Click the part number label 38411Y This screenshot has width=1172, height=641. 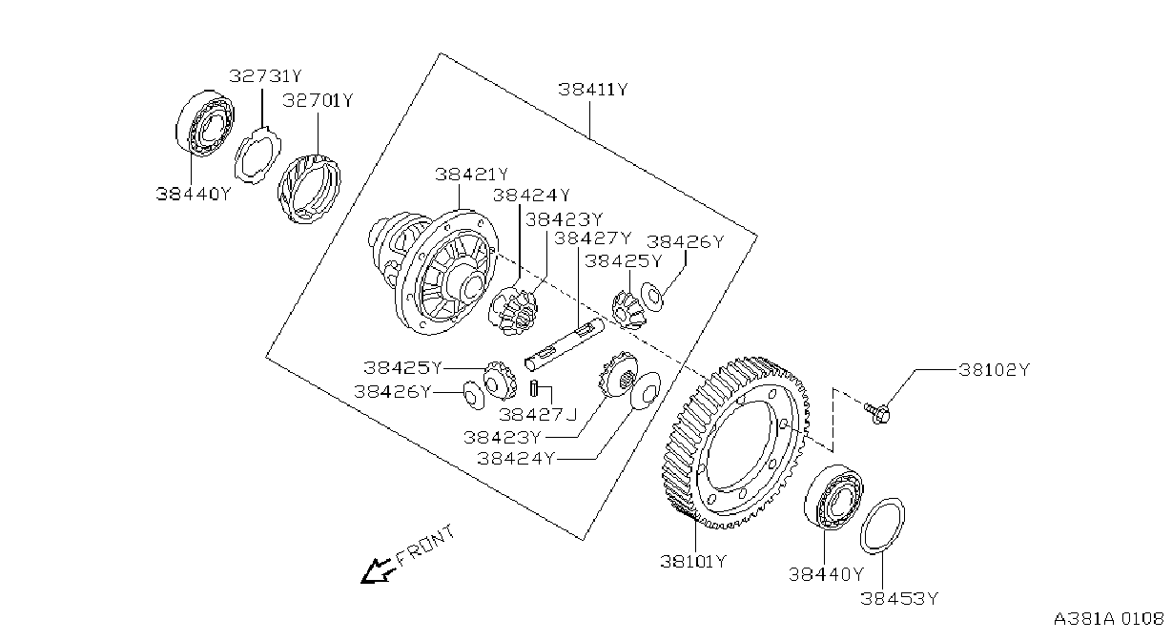pyautogui.click(x=592, y=90)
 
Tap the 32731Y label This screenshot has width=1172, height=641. pyautogui.click(x=266, y=76)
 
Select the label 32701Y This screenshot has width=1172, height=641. pyautogui.click(x=319, y=100)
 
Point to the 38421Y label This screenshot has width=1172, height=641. pyautogui.click(x=471, y=175)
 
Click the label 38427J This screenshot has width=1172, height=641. pyautogui.click(x=538, y=414)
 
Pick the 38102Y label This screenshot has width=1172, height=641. pyautogui.click(x=994, y=370)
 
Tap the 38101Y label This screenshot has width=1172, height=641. pyautogui.click(x=693, y=562)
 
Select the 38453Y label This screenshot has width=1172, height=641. pyautogui.click(x=900, y=598)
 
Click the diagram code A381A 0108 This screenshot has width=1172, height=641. pyautogui.click(x=1109, y=619)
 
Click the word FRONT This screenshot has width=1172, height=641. pyautogui.click(x=426, y=546)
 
